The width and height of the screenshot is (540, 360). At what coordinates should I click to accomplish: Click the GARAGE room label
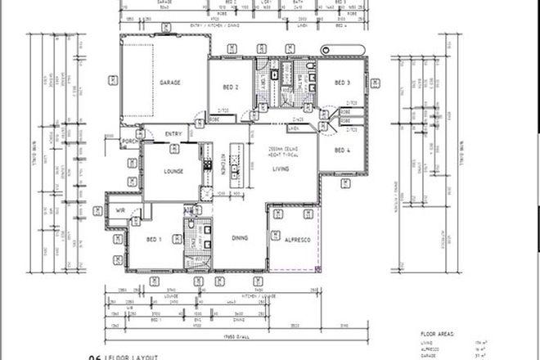tap(169, 83)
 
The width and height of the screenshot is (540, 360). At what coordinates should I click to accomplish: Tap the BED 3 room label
tap(342, 83)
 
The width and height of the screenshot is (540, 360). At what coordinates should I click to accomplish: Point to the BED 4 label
tap(342, 150)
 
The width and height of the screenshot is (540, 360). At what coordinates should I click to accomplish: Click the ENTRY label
tap(173, 134)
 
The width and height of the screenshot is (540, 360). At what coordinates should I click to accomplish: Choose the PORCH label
tap(129, 141)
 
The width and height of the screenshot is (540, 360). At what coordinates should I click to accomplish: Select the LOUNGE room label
tap(172, 171)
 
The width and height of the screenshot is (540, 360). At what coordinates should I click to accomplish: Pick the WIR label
tap(119, 209)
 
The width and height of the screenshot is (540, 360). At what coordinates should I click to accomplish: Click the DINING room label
tap(239, 237)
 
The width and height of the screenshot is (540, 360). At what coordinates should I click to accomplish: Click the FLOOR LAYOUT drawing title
tap(127, 357)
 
